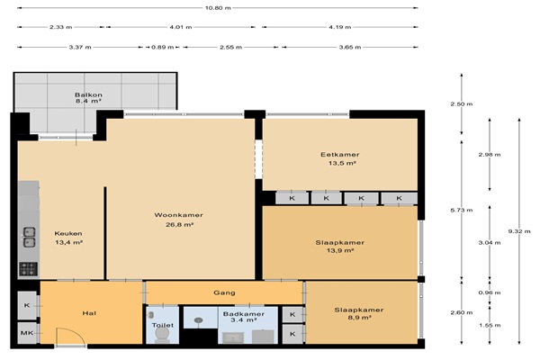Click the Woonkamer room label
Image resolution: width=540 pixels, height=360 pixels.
(178, 215)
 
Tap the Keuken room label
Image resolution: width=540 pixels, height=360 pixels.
(68, 233)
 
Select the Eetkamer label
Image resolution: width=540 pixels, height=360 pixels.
(340, 155)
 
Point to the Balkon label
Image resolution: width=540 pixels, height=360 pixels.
(88, 94)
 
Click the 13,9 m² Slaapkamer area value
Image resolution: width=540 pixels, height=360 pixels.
(340, 250)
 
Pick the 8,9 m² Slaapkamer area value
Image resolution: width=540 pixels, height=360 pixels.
(359, 318)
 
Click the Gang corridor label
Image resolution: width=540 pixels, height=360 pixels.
(224, 292)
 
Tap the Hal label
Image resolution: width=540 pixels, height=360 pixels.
(89, 313)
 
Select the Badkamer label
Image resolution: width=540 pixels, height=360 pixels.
(244, 314)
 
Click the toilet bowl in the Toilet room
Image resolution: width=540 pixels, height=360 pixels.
(162, 335)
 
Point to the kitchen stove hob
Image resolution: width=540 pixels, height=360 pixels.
(28, 269)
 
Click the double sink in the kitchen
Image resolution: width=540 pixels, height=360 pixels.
(30, 237)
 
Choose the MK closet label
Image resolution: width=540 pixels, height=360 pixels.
(27, 333)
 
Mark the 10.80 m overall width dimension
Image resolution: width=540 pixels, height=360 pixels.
(218, 7)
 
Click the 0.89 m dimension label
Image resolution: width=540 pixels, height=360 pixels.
(163, 47)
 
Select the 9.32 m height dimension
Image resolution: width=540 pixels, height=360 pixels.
(519, 231)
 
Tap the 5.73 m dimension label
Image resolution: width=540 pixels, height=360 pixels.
(462, 210)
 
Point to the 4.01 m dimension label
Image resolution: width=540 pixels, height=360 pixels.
(181, 27)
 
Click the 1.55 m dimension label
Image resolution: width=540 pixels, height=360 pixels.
(490, 325)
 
